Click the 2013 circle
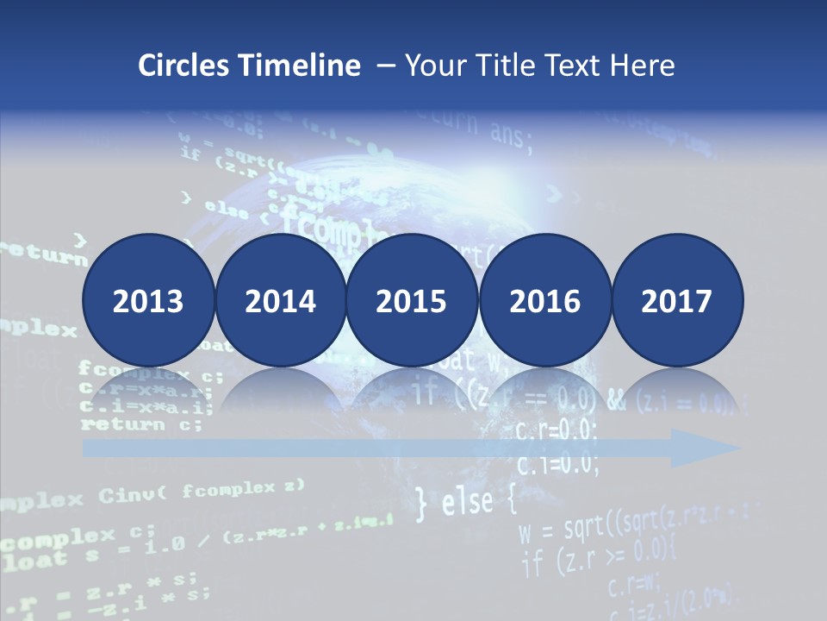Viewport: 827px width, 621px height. [148, 301]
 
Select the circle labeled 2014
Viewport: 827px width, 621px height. [280, 301]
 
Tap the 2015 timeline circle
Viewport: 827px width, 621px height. [412, 301]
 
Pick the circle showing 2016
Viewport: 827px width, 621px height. [544, 301]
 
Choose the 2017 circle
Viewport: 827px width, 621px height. [676, 301]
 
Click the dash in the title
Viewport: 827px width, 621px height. [385, 66]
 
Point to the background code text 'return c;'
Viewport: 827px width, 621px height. [141, 424]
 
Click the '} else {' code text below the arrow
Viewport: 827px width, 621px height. [465, 503]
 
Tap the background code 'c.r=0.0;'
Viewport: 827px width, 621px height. [557, 432]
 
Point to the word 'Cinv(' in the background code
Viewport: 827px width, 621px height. [133, 495]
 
